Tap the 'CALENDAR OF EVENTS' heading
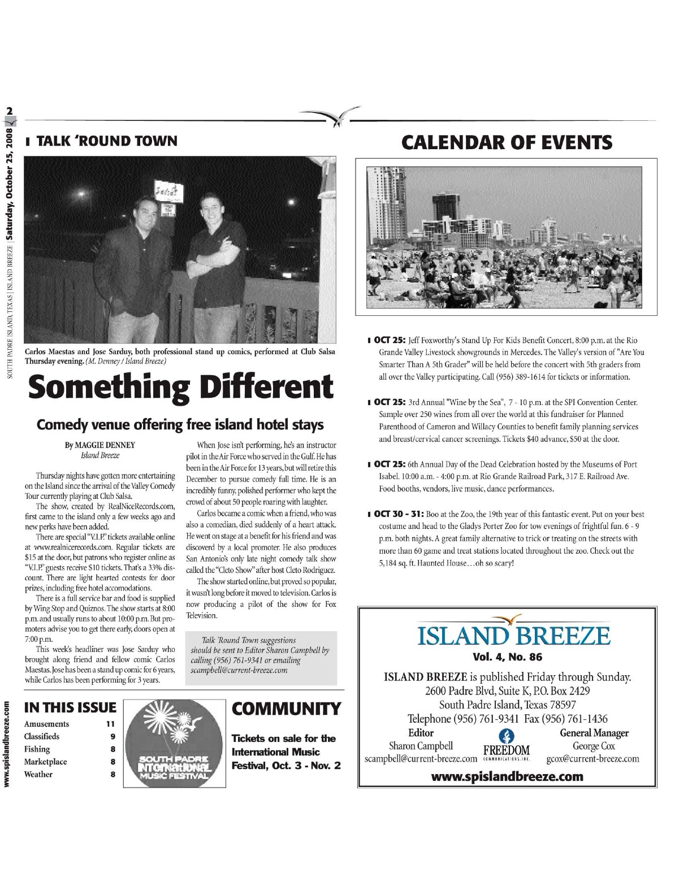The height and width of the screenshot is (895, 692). tap(507, 142)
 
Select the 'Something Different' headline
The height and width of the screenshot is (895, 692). tap(180, 387)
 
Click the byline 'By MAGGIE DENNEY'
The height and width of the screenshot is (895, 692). tap(100, 445)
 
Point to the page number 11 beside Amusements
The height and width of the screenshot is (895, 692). tap(110, 724)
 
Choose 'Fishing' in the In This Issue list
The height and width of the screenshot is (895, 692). tap(37, 749)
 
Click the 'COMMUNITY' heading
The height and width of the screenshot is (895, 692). tap(286, 709)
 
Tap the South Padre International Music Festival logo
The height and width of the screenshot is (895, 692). tap(174, 744)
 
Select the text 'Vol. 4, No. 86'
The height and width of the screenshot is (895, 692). tap(507, 657)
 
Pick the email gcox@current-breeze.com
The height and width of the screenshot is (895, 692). tap(592, 759)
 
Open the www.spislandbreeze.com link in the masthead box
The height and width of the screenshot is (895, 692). tap(507, 776)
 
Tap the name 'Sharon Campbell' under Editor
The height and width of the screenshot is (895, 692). tap(421, 746)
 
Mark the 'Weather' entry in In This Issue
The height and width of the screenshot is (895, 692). tap(38, 774)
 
